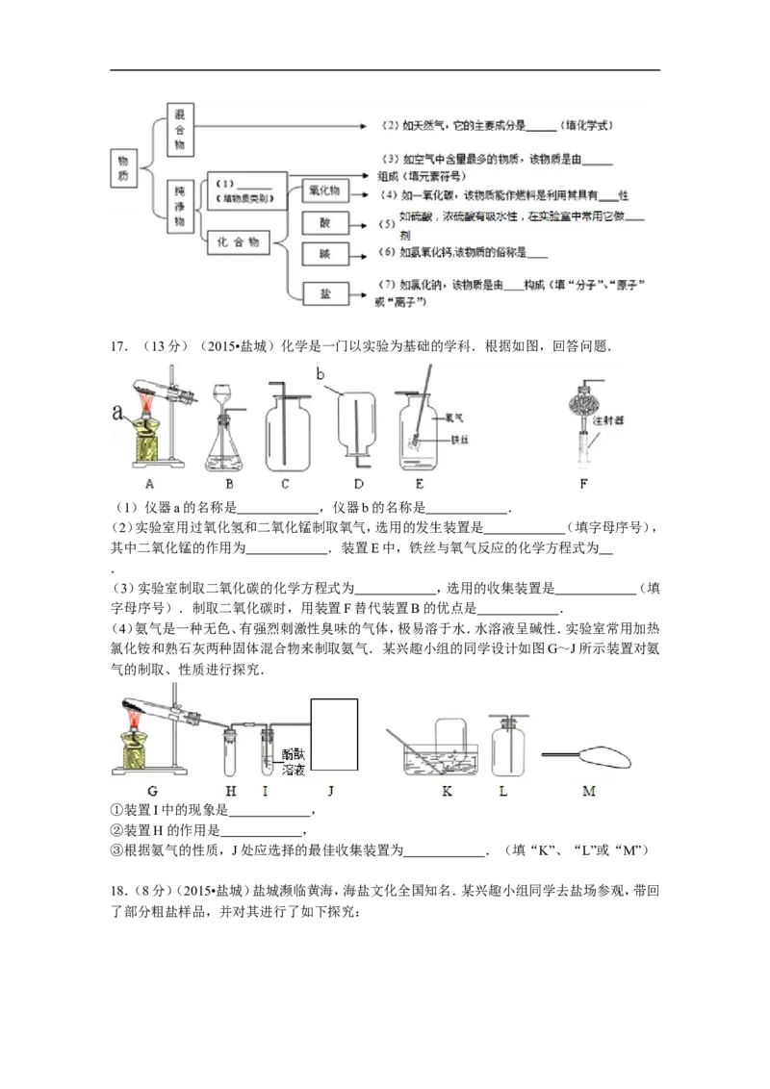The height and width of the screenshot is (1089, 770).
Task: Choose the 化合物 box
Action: pyautogui.click(x=240, y=242)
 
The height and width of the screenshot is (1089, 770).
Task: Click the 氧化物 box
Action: pyautogui.click(x=322, y=190)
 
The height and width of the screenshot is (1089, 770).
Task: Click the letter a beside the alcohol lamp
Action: pyautogui.click(x=117, y=413)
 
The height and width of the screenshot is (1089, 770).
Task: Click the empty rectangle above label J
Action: pyautogui.click(x=333, y=735)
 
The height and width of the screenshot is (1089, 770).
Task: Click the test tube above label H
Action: pyautogui.click(x=231, y=749)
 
